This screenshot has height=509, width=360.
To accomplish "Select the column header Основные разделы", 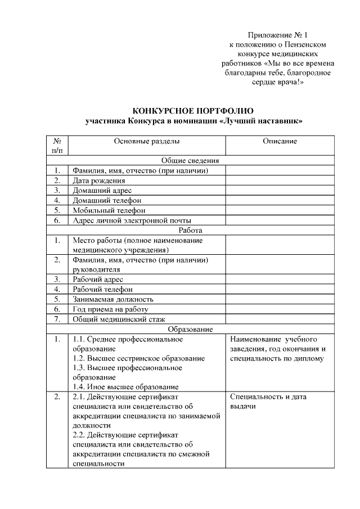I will coord(147,141).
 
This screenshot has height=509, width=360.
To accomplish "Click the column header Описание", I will coord(280,141).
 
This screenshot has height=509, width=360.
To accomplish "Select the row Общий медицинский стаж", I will coord(118,319).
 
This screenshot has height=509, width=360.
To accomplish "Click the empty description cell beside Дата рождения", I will coord(280,181).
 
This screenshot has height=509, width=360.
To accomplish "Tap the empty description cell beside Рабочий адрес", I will coord(280,279).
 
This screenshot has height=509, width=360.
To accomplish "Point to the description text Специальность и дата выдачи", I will coord(268,401).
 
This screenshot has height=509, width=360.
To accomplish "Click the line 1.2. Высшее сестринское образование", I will coord(139,358).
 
